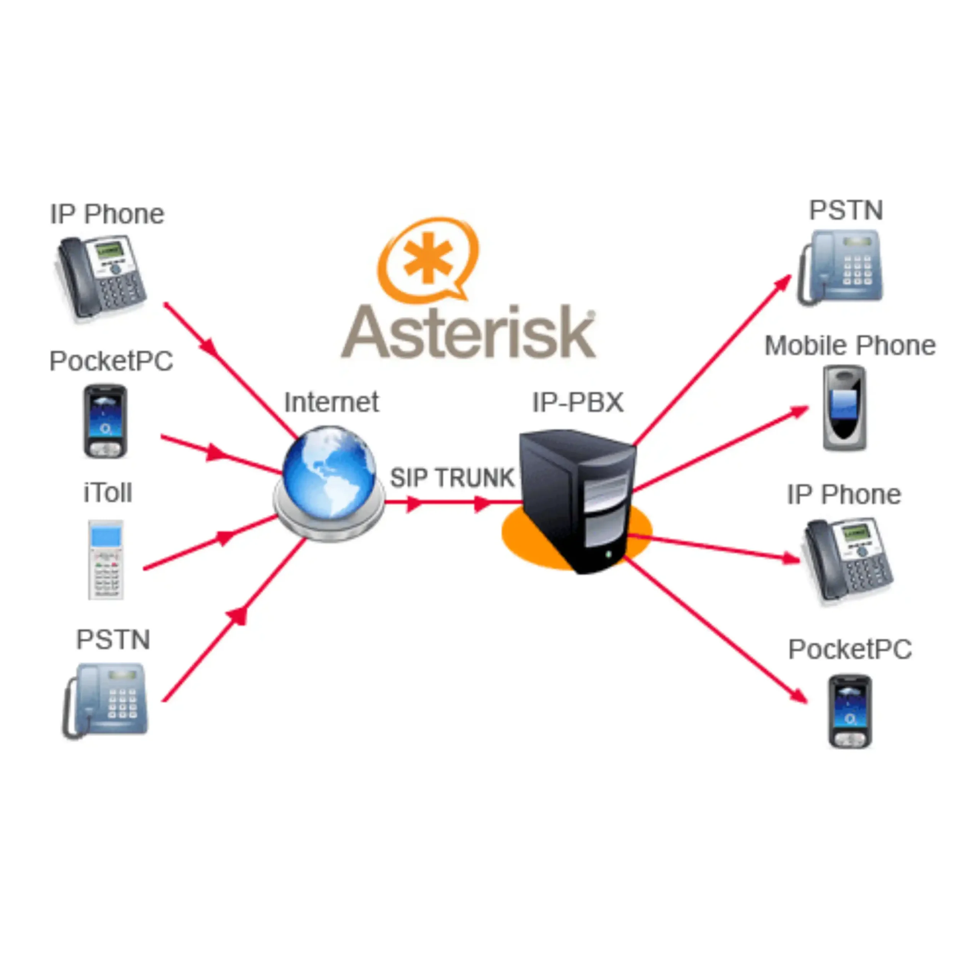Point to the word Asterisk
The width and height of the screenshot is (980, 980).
coord(468,332)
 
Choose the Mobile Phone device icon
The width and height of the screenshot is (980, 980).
coord(844,407)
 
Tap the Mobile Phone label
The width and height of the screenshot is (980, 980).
coord(849,346)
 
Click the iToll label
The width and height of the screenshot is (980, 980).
coord(108,493)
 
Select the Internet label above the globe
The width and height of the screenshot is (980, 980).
coord(331,402)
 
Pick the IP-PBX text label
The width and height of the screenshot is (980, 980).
coord(578,402)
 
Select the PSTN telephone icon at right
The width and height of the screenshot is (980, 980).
coord(841,267)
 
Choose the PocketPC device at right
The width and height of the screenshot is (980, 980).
coord(849,711)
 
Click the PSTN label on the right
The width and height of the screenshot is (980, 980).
coord(846,211)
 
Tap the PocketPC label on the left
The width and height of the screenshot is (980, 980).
coord(111,361)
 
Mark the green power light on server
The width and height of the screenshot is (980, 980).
coord(608,555)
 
